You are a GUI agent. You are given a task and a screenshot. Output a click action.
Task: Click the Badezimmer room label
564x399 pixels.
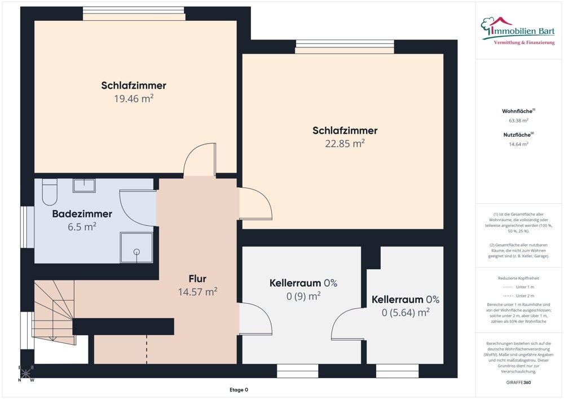(x=82, y=214)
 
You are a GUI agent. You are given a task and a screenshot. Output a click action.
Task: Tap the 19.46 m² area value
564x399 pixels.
(x=134, y=98)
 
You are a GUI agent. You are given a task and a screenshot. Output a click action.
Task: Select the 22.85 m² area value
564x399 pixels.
(x=345, y=143)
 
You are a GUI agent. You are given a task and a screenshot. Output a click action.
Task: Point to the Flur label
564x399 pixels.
(x=197, y=279)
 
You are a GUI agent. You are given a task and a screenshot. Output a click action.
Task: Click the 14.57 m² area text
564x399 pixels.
(x=197, y=292)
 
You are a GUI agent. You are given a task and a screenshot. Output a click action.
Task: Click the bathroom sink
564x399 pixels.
(x=84, y=185)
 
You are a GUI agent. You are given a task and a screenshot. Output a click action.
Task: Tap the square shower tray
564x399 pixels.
(x=135, y=248)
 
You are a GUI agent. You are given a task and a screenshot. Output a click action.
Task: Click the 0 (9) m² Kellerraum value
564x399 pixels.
(x=303, y=296)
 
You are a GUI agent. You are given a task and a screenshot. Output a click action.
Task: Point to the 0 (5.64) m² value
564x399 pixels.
(x=405, y=312)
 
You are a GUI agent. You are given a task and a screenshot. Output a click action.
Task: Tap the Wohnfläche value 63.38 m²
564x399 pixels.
(x=518, y=121)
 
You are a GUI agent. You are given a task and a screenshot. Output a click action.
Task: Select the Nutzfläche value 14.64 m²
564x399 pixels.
(x=518, y=144)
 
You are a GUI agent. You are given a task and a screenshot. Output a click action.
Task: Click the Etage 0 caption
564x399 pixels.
(x=239, y=390)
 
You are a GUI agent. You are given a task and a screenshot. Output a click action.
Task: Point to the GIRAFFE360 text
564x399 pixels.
(x=518, y=383)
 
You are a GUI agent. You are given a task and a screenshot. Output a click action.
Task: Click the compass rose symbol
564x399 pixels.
(x=27, y=374)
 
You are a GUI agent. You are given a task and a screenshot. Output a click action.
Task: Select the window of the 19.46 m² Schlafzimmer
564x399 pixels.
(x=134, y=13)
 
